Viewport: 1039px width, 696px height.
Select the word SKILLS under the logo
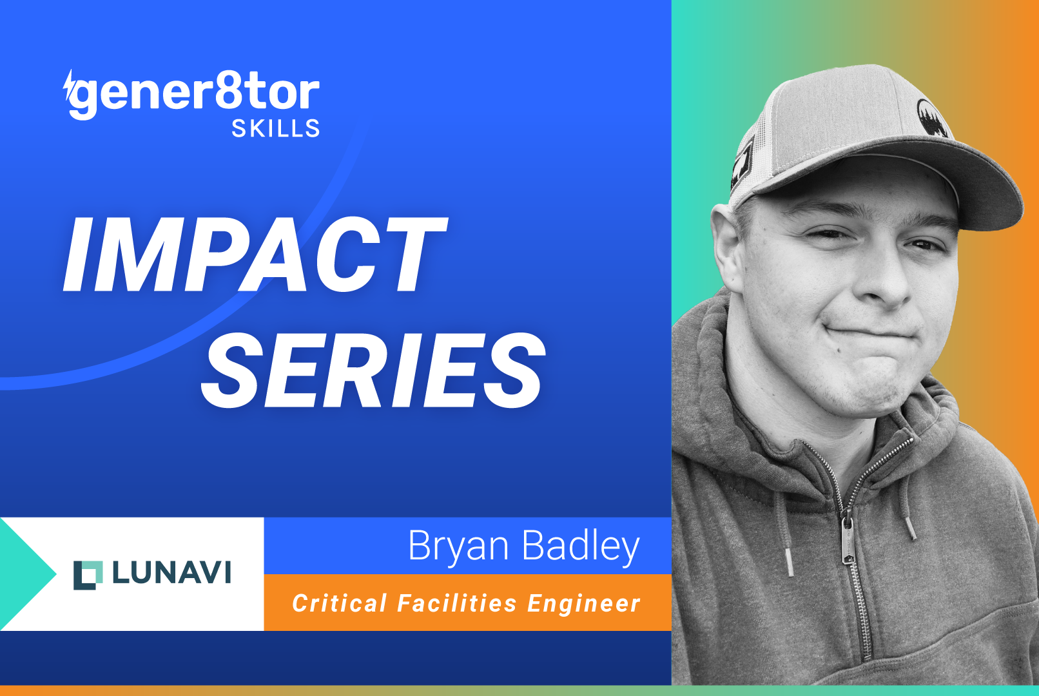point(276,129)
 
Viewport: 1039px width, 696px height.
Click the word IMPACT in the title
point(255,255)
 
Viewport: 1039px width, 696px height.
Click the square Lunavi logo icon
point(88,575)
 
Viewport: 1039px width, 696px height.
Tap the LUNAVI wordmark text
point(171,573)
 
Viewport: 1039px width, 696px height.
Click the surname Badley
point(581,546)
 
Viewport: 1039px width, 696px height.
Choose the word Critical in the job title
point(340,604)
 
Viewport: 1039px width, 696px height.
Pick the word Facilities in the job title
point(457,604)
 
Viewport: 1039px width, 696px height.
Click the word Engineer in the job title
point(584,604)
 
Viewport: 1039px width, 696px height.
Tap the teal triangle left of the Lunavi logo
point(26,573)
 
